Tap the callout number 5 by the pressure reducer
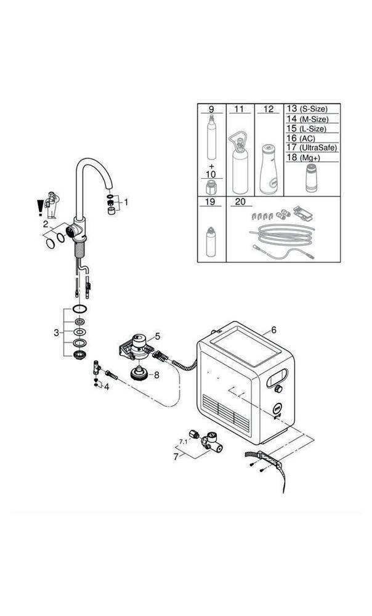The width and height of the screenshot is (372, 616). [158, 336]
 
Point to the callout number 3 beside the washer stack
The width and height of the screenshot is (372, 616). [57, 333]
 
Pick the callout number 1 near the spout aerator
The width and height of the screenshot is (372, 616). [126, 201]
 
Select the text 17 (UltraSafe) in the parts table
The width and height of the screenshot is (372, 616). [311, 148]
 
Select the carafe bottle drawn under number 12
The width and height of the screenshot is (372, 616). [268, 169]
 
